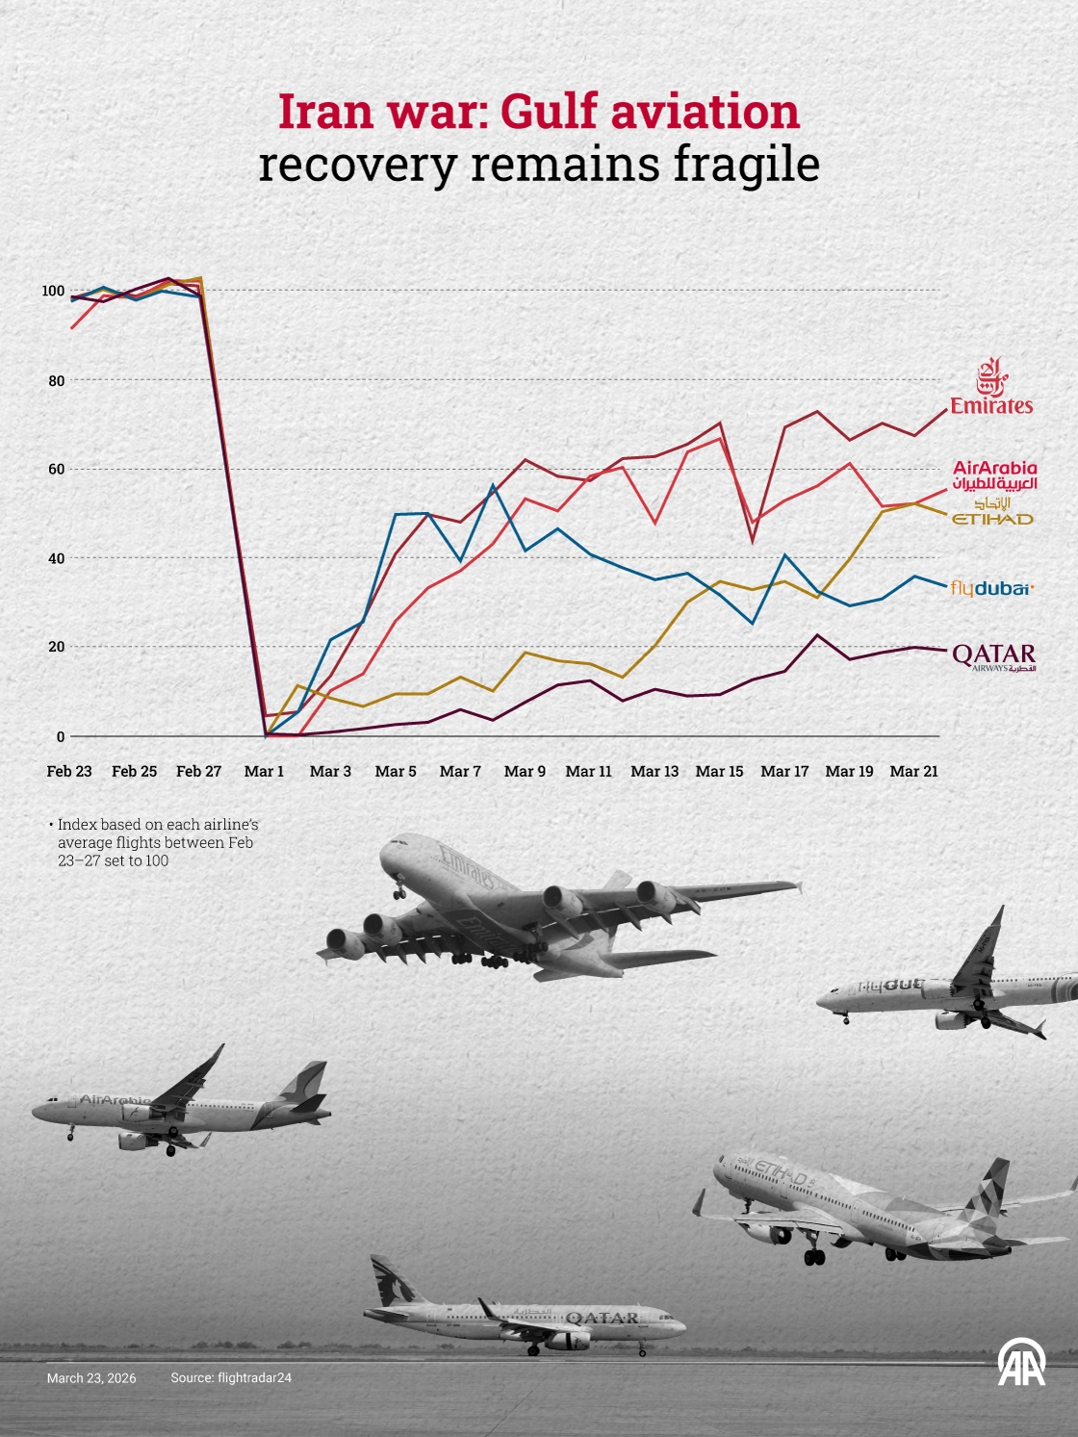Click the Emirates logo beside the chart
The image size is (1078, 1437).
(x=991, y=387)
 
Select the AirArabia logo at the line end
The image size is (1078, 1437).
(x=994, y=475)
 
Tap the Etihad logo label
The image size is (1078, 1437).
(x=992, y=513)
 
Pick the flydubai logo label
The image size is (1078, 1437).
(x=991, y=587)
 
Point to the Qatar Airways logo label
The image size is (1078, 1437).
(x=993, y=656)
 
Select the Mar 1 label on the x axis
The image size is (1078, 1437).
(x=264, y=771)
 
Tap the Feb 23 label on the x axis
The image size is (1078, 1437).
(x=69, y=771)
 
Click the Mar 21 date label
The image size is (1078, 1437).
(x=913, y=771)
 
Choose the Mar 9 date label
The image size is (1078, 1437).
(x=525, y=771)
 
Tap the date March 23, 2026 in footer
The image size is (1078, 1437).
(x=91, y=1378)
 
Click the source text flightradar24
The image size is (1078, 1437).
(x=231, y=1378)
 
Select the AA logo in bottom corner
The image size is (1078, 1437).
(x=1021, y=1362)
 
